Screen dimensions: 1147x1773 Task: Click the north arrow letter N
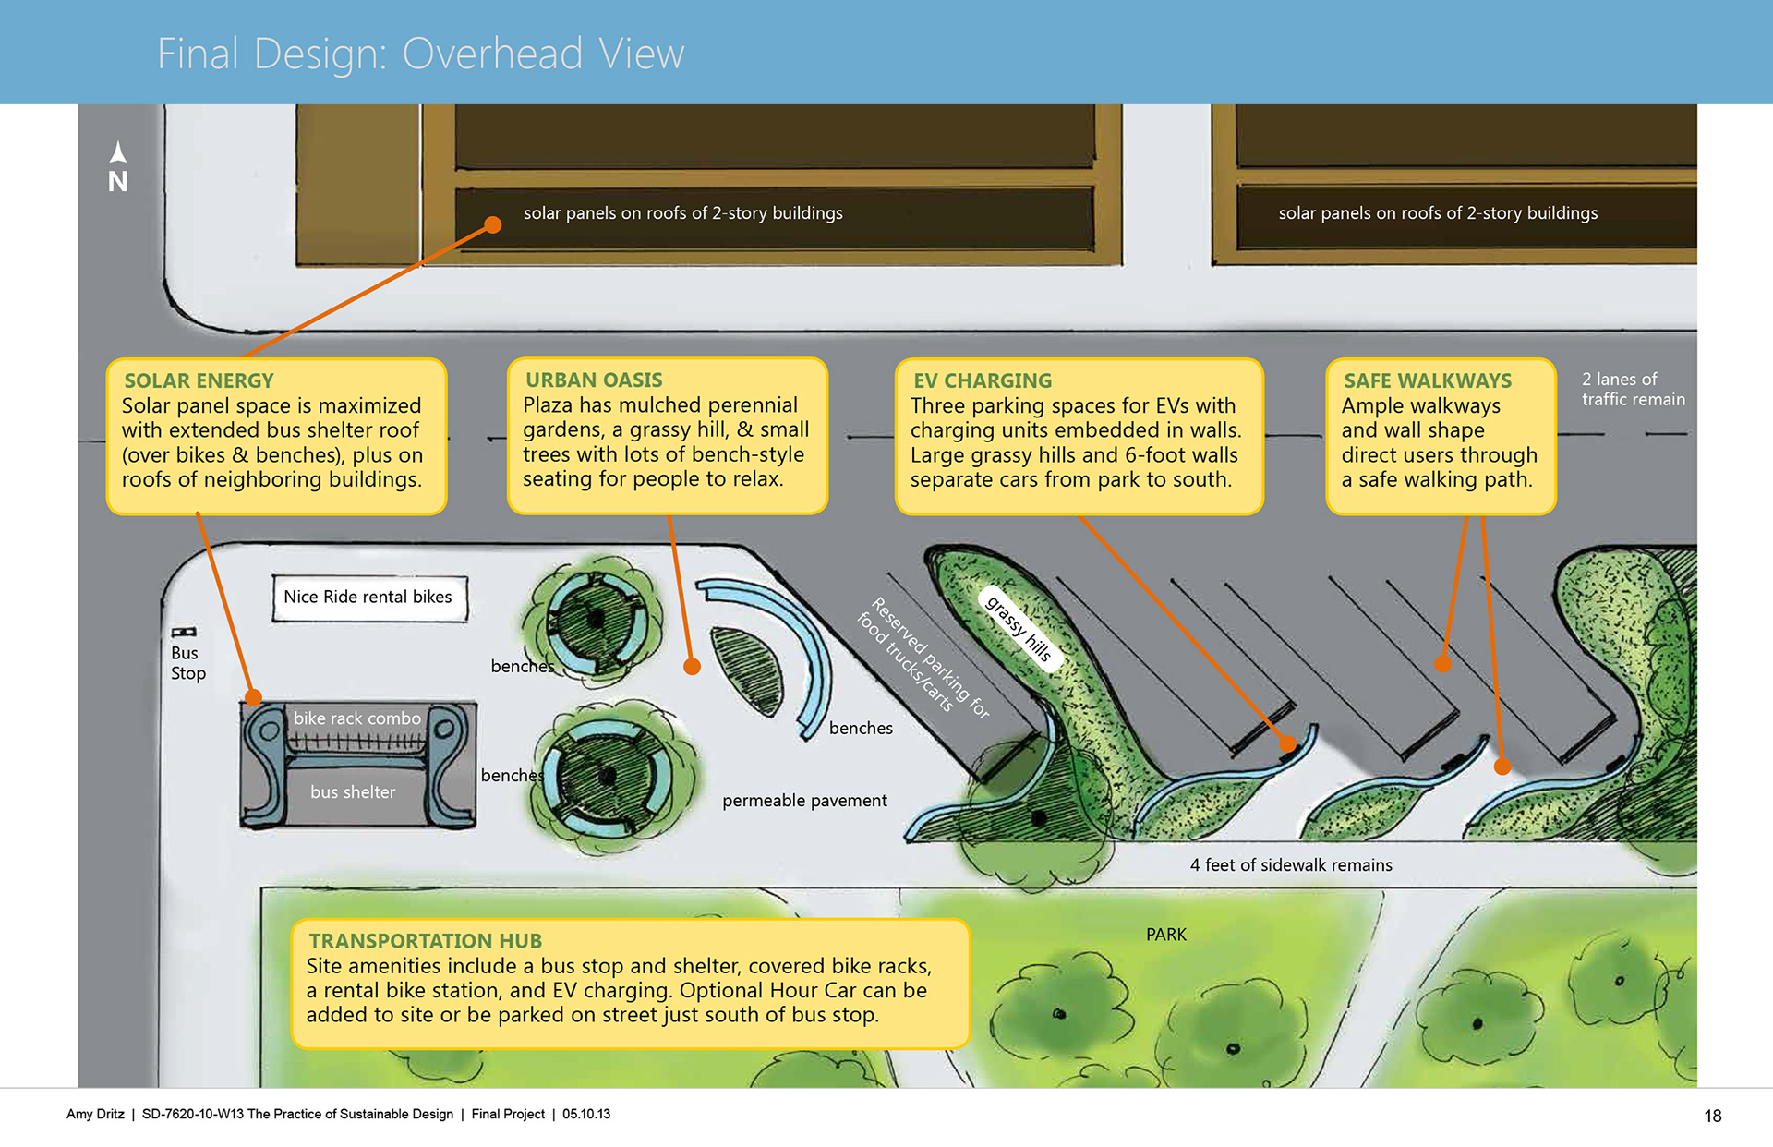(x=117, y=181)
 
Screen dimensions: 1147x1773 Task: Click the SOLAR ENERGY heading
(x=199, y=380)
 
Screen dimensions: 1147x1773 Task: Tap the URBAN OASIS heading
(x=594, y=380)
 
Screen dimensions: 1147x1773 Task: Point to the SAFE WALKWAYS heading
(x=1428, y=380)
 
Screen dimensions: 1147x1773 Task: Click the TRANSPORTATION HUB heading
(x=425, y=940)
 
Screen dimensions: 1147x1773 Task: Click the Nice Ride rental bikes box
(x=368, y=598)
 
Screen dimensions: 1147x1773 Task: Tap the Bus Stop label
(x=187, y=663)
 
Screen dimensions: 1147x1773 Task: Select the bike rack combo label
(x=357, y=718)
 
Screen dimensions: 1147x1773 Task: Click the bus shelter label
(x=353, y=792)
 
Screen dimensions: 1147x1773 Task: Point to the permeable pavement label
(x=804, y=801)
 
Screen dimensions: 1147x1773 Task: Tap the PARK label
(x=1165, y=935)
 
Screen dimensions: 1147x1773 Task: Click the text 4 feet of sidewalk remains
(x=1291, y=865)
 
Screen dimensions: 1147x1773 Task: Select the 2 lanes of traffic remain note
(x=1633, y=389)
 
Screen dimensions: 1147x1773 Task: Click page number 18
(x=1712, y=1116)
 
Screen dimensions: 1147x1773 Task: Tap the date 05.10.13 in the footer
(x=586, y=1114)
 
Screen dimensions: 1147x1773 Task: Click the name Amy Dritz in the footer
(x=95, y=1114)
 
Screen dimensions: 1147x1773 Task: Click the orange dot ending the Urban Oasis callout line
(x=692, y=667)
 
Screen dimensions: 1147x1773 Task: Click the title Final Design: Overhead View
(x=420, y=54)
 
